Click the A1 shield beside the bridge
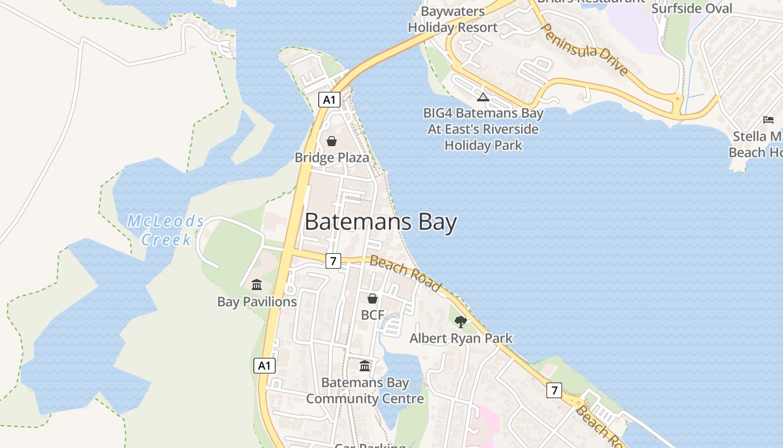coord(329,100)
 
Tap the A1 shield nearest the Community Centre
coord(265,366)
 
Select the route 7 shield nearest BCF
coord(333,260)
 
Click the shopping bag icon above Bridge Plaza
coord(332,141)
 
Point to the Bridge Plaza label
coord(332,157)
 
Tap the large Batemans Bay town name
coord(381,222)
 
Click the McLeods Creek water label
coord(166,230)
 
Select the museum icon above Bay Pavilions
coord(257,285)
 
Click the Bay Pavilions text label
coord(257,302)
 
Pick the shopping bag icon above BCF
coord(372,299)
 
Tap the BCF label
coord(372,315)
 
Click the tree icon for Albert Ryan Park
coord(461,322)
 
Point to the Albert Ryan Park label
coord(461,338)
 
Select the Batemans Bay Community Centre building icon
coord(365,366)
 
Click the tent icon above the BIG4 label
coord(483,97)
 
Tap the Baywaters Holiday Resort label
coord(453,19)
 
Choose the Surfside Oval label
coord(691,8)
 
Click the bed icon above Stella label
coord(768,120)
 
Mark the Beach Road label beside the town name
coord(405,274)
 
